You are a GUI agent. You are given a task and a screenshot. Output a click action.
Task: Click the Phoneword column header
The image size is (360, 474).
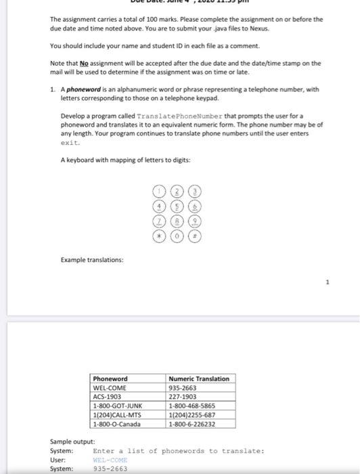110,379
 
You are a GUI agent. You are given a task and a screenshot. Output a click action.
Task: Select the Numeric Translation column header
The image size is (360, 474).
199,379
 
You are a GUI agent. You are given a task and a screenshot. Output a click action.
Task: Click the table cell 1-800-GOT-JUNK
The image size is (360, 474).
118,406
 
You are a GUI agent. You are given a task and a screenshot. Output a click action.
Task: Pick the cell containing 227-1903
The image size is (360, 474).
183,397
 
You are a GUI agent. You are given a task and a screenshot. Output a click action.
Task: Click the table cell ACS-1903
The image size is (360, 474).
109,397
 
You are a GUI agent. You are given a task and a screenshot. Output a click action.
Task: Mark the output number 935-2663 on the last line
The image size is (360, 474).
110,468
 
